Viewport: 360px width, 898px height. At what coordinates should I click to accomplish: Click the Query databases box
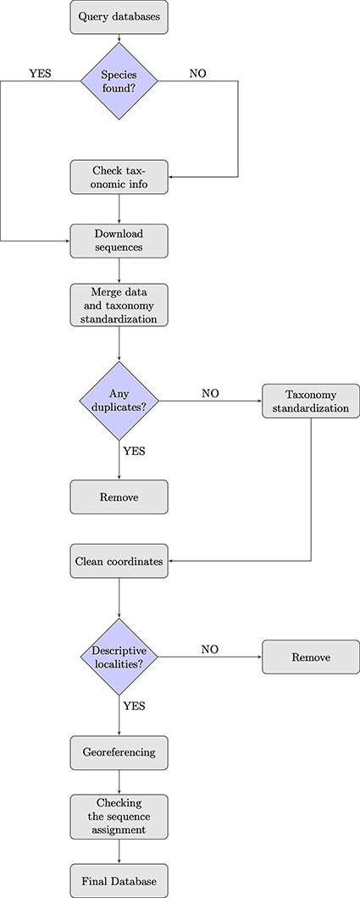[119, 17]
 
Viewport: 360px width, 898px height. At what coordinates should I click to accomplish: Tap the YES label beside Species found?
[39, 74]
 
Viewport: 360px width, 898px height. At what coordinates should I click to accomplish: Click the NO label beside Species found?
[197, 74]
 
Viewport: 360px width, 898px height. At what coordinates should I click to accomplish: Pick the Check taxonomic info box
[119, 176]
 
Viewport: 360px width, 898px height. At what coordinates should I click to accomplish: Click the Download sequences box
[119, 241]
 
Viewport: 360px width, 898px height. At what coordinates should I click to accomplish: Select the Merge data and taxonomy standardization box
[119, 306]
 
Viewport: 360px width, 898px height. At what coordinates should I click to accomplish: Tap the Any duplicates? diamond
[119, 400]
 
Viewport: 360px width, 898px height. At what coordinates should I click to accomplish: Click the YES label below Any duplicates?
[134, 451]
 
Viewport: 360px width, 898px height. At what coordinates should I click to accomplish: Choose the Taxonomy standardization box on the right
[311, 400]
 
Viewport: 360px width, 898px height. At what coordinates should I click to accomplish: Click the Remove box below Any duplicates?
[119, 496]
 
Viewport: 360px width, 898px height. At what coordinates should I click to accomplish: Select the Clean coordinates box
[119, 561]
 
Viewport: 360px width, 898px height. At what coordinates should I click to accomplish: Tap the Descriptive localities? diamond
[119, 657]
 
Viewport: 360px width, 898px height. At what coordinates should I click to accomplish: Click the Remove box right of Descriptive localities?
[311, 657]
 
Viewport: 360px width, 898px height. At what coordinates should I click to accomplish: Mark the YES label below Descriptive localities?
[134, 704]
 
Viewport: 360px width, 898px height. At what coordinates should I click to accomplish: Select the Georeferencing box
[119, 751]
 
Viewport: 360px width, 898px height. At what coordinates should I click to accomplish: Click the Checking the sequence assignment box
[119, 815]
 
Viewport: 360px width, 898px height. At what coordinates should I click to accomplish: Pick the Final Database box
[119, 879]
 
